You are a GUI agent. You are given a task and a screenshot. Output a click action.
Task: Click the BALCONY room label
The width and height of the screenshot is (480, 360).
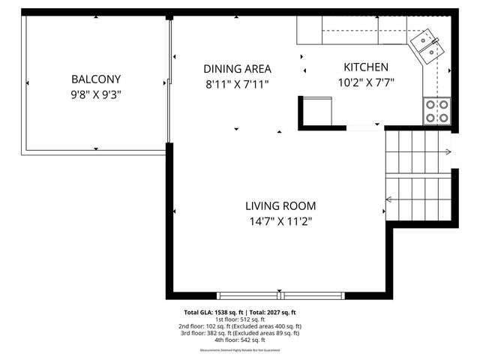pyautogui.click(x=96, y=79)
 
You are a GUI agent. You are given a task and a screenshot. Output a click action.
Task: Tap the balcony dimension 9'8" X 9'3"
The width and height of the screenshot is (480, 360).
pyautogui.click(x=96, y=95)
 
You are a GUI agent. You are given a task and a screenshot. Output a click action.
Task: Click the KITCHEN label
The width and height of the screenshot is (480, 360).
pyautogui.click(x=366, y=67)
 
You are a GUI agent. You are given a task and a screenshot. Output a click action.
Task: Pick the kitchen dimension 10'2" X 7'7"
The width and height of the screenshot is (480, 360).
pyautogui.click(x=366, y=82)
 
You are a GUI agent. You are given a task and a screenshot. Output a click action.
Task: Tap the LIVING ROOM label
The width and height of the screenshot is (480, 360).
pyautogui.click(x=280, y=205)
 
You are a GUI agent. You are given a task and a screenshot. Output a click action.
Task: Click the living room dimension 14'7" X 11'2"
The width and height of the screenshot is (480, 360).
pyautogui.click(x=280, y=221)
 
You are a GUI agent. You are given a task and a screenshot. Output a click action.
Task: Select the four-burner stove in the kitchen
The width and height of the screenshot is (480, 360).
pyautogui.click(x=437, y=111)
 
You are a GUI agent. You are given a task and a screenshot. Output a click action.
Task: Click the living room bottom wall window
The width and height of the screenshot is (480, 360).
pyautogui.click(x=283, y=294)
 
